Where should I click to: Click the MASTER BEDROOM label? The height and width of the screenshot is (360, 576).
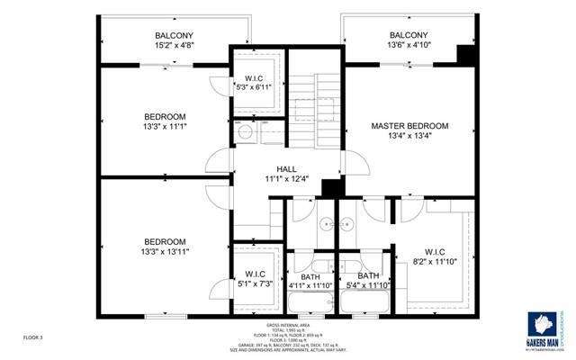[x=409, y=125]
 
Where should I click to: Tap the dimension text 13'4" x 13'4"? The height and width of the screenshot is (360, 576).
[x=409, y=136]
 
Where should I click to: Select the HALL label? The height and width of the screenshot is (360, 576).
[x=286, y=168]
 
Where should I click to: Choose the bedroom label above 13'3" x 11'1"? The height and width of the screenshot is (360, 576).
[x=165, y=116]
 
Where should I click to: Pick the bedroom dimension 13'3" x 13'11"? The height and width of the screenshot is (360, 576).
[x=165, y=253]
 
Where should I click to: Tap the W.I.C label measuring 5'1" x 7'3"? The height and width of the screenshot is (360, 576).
[x=254, y=274]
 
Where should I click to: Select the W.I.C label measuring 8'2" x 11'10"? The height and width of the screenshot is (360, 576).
[x=435, y=251]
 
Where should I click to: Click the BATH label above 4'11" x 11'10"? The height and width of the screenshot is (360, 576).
[x=310, y=275]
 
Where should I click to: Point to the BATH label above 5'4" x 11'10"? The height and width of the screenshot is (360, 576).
[x=368, y=275]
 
